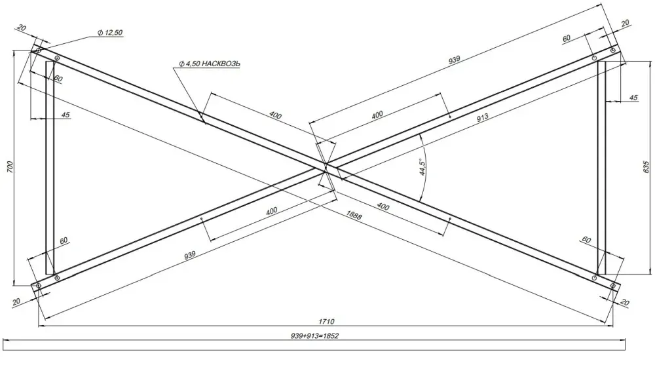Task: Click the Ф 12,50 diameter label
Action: tap(110, 33)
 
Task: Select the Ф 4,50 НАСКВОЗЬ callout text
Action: tap(210, 64)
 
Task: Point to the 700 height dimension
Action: tap(10, 167)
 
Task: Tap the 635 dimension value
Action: tap(646, 167)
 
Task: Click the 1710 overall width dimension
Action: tap(326, 321)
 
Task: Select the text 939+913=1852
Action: tap(314, 336)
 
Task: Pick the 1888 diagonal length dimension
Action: tap(354, 215)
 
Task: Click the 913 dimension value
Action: tap(482, 117)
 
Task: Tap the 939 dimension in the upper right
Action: tap(454, 60)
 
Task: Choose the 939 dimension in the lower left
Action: tap(190, 254)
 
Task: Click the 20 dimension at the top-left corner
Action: tap(22, 28)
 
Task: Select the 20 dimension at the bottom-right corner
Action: tap(625, 302)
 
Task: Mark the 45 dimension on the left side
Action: tap(65, 115)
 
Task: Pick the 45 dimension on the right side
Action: tap(633, 98)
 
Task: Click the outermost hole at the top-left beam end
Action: tap(39, 50)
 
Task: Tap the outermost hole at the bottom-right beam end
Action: tap(613, 286)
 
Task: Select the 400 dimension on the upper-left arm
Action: tap(275, 115)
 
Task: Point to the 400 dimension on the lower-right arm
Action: tap(383, 206)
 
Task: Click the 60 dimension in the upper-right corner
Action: tap(566, 39)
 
